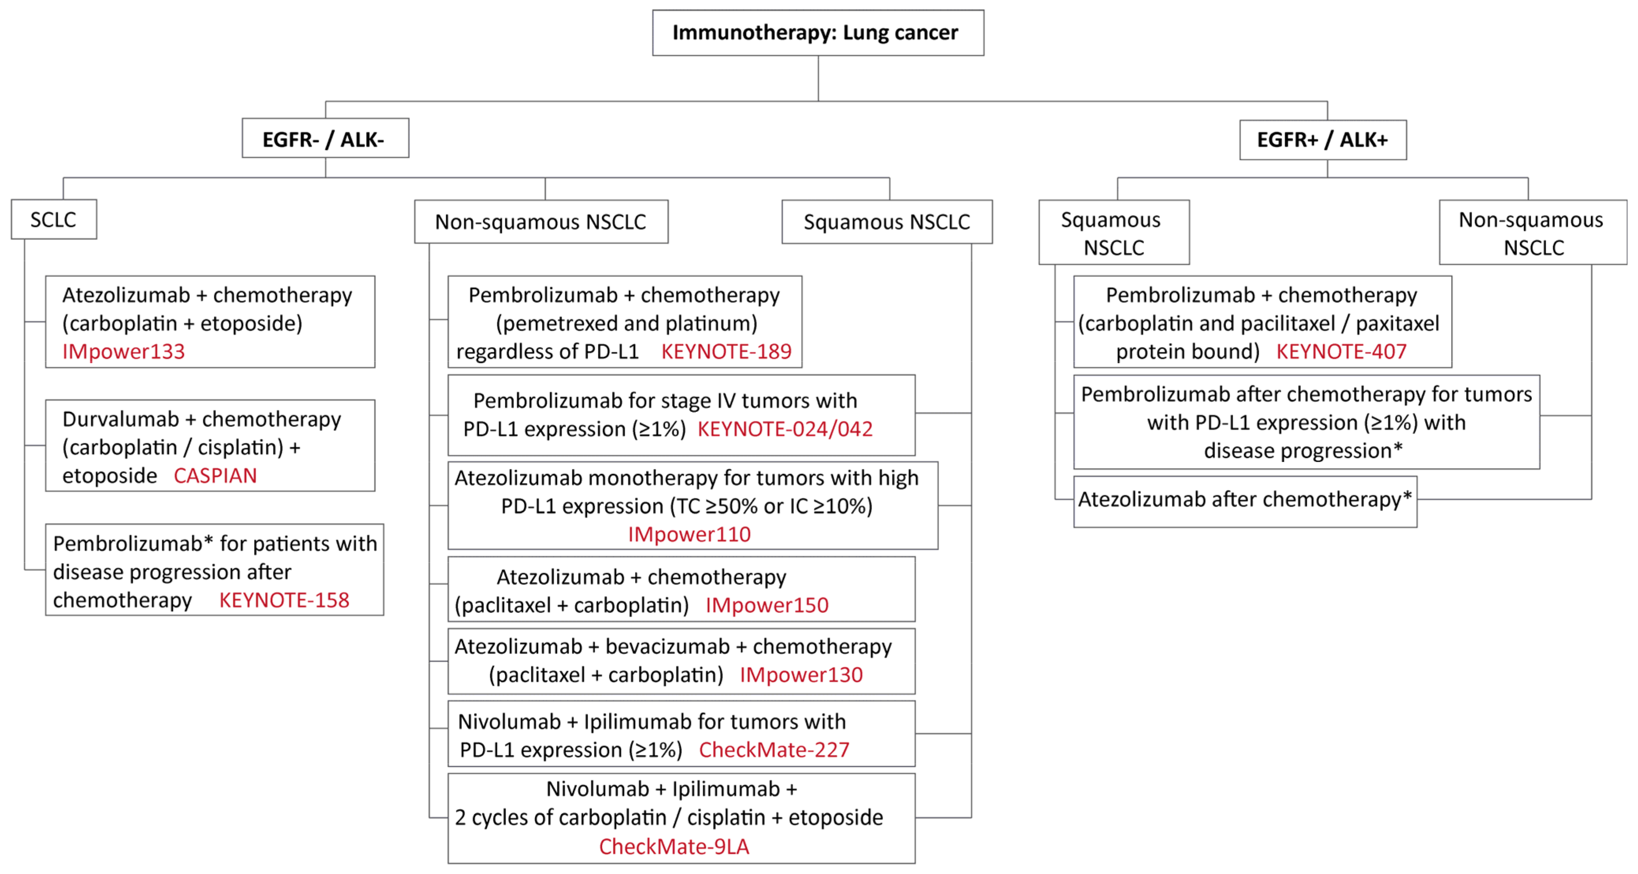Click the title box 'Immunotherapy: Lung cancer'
pos(818,32)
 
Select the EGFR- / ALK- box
pos(325,139)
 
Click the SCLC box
pos(54,219)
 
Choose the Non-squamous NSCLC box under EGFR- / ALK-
pos(540,222)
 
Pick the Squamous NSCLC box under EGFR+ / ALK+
pos(1113,233)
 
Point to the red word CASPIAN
pos(215,476)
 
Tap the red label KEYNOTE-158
pos(284,600)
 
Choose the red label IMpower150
pos(767,605)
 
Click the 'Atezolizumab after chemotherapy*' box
pos(1244,500)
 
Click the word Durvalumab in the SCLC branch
pos(121,419)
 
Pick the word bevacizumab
pos(667,647)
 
